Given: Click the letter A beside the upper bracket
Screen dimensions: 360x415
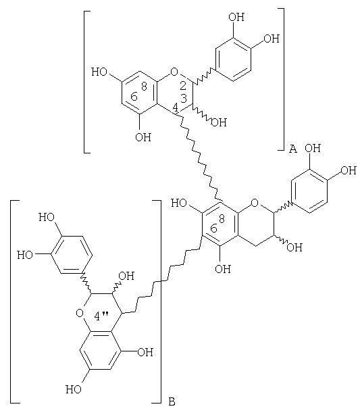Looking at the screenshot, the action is coord(293,149).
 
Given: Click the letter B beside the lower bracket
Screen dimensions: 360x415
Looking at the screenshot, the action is coord(172,401).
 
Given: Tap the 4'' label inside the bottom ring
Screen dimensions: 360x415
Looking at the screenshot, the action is coord(101,316).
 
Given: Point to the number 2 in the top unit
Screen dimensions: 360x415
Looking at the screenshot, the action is coord(183,86).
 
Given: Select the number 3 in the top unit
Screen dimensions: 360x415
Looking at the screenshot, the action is coord(184,98).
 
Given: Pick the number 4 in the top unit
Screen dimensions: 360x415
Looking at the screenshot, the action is coord(176,107).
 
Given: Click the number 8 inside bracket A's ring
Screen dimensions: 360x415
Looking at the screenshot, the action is coord(144,86).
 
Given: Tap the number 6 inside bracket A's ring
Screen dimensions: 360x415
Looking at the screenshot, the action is coord(134,97).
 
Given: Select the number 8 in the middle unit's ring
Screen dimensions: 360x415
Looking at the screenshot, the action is coord(222,218).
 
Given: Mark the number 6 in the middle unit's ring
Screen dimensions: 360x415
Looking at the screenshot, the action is coord(213,228).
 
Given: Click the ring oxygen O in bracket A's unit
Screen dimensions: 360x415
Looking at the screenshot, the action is coord(174,72).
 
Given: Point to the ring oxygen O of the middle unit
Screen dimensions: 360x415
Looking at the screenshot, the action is coord(255,203).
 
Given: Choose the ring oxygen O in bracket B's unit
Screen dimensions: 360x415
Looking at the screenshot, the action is coord(80,313).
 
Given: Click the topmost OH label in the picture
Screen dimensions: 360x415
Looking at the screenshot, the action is coord(236,17).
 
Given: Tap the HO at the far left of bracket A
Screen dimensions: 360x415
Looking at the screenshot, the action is coord(99,72).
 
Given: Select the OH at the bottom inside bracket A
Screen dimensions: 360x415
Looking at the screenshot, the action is coord(143,137).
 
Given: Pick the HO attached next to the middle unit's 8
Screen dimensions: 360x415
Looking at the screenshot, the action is coord(179,203).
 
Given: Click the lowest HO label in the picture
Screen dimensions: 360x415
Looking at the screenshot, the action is coord(74,389).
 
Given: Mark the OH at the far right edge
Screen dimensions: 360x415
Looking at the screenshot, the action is coord(349,170).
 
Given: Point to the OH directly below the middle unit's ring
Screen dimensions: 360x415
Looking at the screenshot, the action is coord(223,269).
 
